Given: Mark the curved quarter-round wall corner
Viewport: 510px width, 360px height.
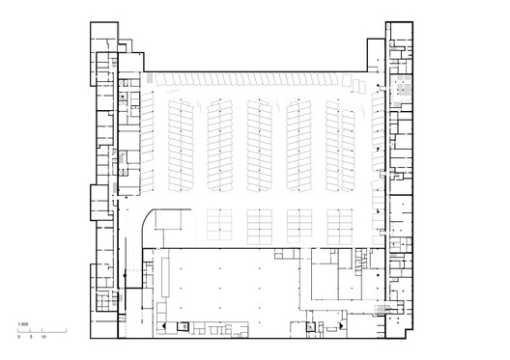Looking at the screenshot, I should pos(150,220).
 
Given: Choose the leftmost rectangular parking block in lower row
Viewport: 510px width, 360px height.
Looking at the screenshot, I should pos(220,224).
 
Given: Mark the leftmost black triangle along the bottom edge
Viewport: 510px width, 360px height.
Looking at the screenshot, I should pos(164,328).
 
